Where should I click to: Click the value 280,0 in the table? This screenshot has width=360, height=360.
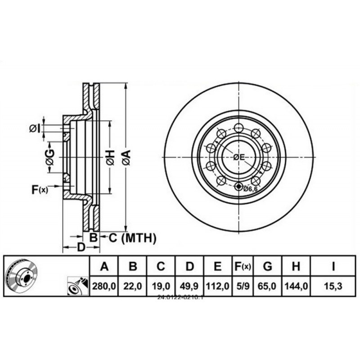(104, 286)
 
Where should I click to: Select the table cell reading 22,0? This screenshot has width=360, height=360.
(133, 286)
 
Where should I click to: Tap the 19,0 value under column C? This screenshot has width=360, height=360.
(161, 286)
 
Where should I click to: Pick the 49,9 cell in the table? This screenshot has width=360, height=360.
(189, 286)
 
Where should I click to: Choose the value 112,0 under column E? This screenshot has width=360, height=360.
(217, 286)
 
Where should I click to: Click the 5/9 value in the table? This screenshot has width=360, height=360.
(243, 286)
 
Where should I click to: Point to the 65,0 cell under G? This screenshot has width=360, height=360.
(267, 286)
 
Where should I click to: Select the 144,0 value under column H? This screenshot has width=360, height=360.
(296, 286)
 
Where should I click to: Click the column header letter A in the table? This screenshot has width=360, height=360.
(104, 267)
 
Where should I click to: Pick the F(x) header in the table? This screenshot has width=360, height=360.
(243, 267)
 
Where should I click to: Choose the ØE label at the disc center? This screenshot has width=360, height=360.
(238, 157)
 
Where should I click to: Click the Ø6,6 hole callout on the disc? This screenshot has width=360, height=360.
(250, 189)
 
